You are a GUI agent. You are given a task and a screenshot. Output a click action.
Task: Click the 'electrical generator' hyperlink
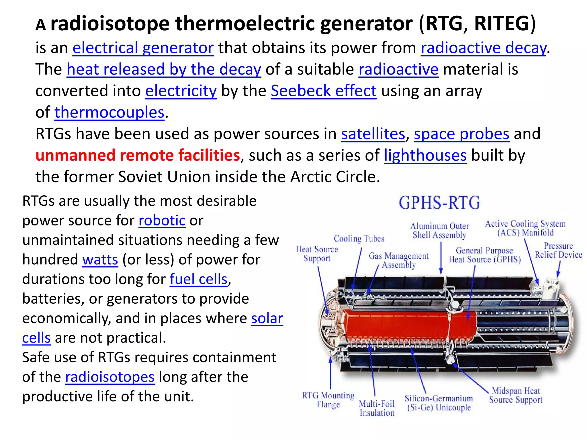pos(143,48)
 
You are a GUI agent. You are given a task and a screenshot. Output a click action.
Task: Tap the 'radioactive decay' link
pos(484,48)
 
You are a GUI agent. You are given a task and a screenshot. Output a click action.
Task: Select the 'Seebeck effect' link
pos(323,91)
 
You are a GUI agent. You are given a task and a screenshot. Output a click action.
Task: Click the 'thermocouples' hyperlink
pos(109,112)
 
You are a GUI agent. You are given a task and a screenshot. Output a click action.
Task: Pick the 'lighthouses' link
pos(425,155)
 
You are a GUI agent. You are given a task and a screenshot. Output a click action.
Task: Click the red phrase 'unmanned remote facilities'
pos(138,155)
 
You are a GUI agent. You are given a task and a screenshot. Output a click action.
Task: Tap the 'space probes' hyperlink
pos(461,134)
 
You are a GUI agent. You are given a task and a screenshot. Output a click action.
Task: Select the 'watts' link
pos(100,260)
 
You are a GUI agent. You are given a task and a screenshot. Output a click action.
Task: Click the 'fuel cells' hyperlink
pos(198,279)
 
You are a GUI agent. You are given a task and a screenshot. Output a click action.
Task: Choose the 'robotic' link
pos(162,221)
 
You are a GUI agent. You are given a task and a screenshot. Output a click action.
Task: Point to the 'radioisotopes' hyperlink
pos(110,377)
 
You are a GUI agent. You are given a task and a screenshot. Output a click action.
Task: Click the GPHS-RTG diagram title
pos(439,203)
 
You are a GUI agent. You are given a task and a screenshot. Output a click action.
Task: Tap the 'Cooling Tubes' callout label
pos(359,239)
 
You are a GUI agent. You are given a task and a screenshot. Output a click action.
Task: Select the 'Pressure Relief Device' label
pos(558,250)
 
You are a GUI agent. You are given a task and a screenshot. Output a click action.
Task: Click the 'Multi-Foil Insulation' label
pos(377,408)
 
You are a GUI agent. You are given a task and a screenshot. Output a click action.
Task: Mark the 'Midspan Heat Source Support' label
pos(516,395)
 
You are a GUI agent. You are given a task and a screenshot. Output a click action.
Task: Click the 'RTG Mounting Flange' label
pos(328,400)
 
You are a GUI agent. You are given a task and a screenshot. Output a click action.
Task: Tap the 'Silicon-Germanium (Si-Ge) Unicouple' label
pos(439,403)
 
